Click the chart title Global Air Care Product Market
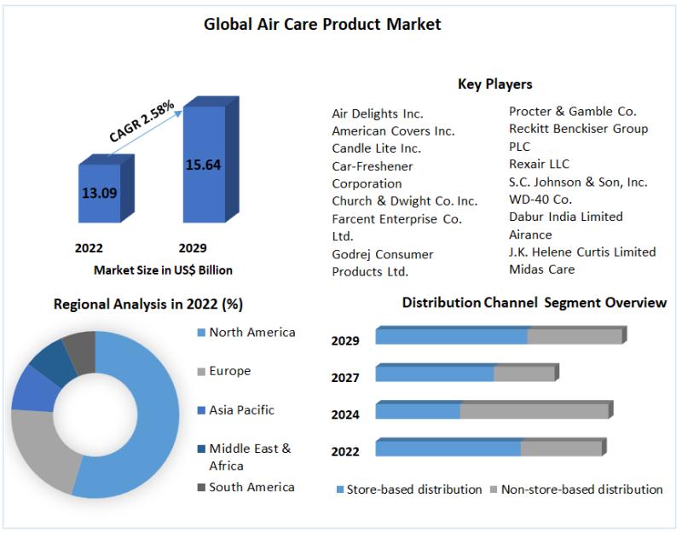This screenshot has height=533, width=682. [322, 25]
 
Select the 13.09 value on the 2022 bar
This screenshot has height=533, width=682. [99, 193]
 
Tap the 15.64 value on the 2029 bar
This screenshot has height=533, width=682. [203, 165]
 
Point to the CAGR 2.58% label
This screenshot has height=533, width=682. [142, 121]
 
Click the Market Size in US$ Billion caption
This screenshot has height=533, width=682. [163, 269]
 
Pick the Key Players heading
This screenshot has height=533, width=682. [494, 84]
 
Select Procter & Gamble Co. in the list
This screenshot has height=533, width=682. [572, 111]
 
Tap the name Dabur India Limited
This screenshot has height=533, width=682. [565, 217]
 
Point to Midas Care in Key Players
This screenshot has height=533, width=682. [541, 269]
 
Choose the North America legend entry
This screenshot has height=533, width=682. [251, 333]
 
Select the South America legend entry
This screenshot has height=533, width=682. [251, 487]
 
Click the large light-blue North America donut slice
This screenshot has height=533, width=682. [153, 418]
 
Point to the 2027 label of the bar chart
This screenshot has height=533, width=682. [345, 378]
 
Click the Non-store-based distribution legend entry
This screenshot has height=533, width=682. [581, 490]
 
